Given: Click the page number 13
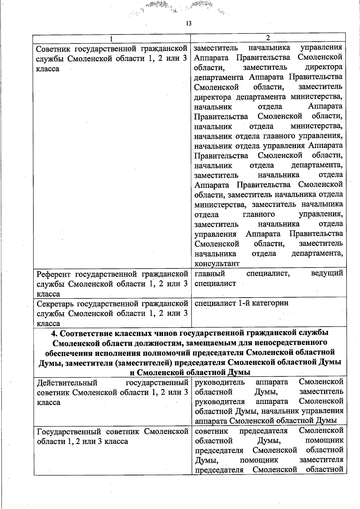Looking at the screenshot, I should [x=189, y=24].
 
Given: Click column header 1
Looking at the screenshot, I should [x=111, y=39].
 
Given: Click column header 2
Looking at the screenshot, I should [x=268, y=38].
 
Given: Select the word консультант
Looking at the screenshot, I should [x=217, y=264].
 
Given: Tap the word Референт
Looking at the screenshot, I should [x=54, y=274].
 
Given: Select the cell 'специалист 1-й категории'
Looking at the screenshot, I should [x=241, y=303].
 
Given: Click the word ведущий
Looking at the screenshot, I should [x=327, y=273].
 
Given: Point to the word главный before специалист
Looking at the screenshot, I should [x=210, y=273].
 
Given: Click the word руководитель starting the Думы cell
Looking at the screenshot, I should [x=220, y=382].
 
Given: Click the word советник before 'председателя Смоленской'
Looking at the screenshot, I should [x=211, y=431].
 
